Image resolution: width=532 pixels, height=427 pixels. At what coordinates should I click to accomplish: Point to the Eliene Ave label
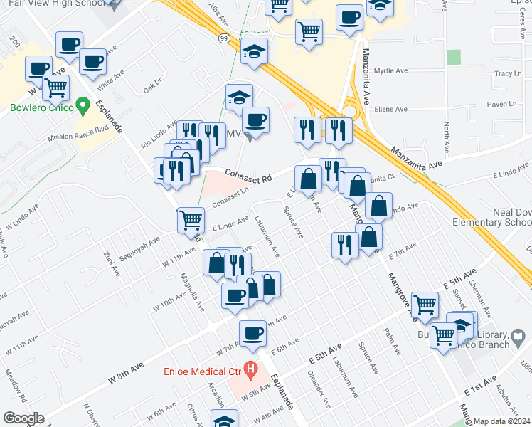click(391, 110)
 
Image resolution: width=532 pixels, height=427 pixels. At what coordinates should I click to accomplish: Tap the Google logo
click(23, 418)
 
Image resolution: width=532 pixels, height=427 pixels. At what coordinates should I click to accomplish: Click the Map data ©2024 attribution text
click(502, 421)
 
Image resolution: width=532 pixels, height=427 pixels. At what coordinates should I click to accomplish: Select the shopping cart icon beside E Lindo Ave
click(191, 219)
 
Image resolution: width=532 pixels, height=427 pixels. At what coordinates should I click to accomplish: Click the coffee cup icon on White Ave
click(92, 61)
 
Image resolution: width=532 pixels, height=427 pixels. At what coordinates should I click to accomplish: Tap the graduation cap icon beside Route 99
click(254, 51)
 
